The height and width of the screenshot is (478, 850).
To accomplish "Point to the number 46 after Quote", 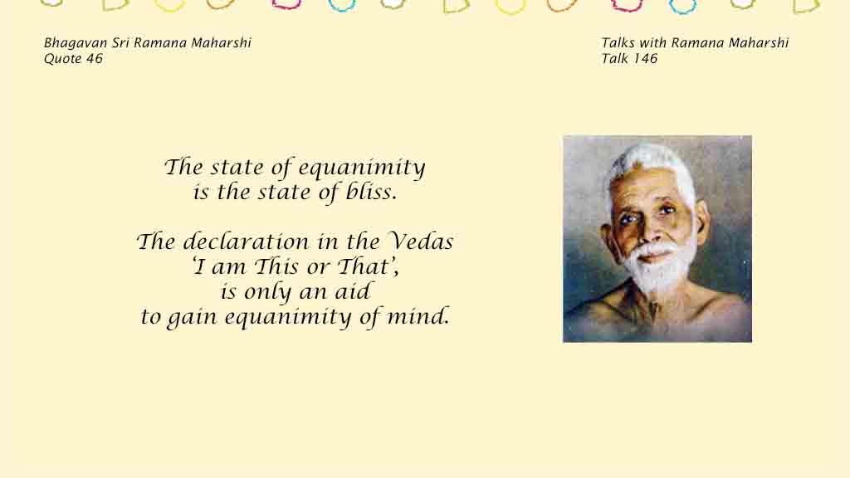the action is coord(94,59).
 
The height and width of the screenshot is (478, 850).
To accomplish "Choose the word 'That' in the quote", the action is coord(364,266).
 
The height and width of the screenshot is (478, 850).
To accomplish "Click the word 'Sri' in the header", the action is coord(121,43).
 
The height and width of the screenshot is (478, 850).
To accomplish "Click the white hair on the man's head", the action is coord(651,163).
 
